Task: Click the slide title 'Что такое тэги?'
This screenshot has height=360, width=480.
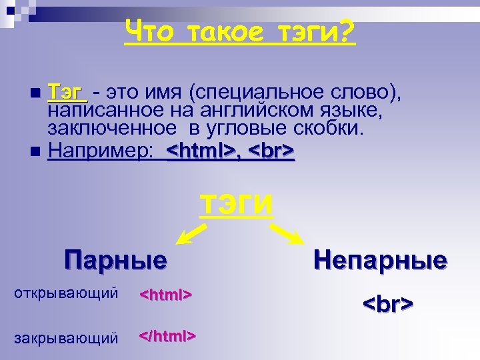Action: click(x=240, y=31)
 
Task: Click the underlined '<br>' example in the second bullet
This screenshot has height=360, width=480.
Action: click(x=271, y=151)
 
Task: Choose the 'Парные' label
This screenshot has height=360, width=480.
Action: click(x=115, y=260)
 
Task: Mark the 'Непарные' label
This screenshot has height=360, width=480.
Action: click(x=381, y=260)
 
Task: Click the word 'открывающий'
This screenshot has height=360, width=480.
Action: click(x=66, y=293)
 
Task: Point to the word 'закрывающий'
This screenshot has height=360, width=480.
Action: click(x=66, y=338)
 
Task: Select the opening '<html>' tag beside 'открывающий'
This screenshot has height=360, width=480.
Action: click(x=165, y=294)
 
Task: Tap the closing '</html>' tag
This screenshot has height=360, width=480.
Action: click(x=167, y=335)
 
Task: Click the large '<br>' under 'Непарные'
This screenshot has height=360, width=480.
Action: click(x=388, y=304)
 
